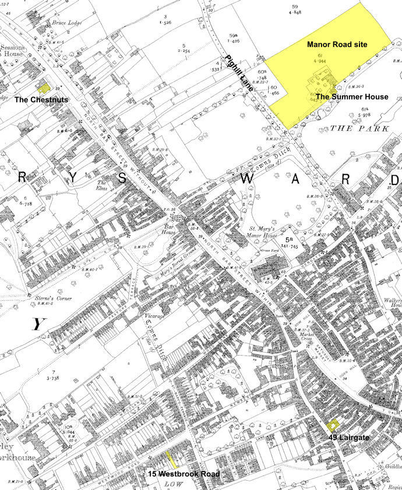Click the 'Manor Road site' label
(x=337, y=44)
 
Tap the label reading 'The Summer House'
(x=352, y=97)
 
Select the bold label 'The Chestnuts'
(x=41, y=100)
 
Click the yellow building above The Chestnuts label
(x=43, y=88)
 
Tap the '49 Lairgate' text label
(x=348, y=436)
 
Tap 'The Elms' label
(x=104, y=187)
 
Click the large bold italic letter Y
(x=37, y=325)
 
